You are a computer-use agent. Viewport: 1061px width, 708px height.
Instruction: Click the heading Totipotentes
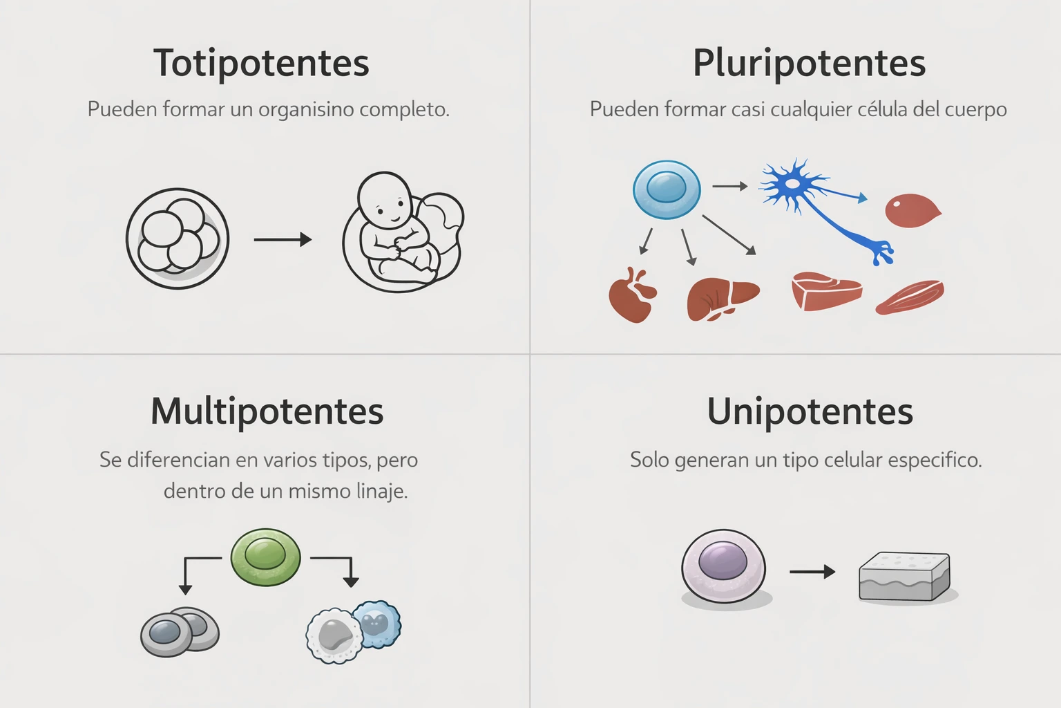(x=261, y=63)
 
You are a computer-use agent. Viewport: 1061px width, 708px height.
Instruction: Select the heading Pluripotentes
(x=809, y=63)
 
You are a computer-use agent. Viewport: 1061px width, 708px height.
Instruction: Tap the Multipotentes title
(x=267, y=411)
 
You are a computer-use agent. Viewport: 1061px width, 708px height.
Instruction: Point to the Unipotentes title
(x=810, y=411)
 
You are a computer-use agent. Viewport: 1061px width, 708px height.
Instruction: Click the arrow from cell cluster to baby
(x=283, y=240)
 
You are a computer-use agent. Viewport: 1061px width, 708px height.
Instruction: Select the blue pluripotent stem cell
(x=667, y=189)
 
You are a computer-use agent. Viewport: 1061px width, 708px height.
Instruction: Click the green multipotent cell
(x=265, y=557)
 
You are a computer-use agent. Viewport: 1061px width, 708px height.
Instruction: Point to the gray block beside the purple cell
(x=904, y=576)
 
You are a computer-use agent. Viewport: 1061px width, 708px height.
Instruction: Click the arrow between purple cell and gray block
(x=812, y=572)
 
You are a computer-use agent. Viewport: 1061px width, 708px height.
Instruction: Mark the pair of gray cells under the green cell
(x=180, y=631)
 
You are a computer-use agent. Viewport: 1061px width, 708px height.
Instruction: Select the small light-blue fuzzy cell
(x=377, y=624)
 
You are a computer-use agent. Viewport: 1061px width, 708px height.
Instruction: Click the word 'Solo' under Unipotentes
(x=649, y=460)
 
